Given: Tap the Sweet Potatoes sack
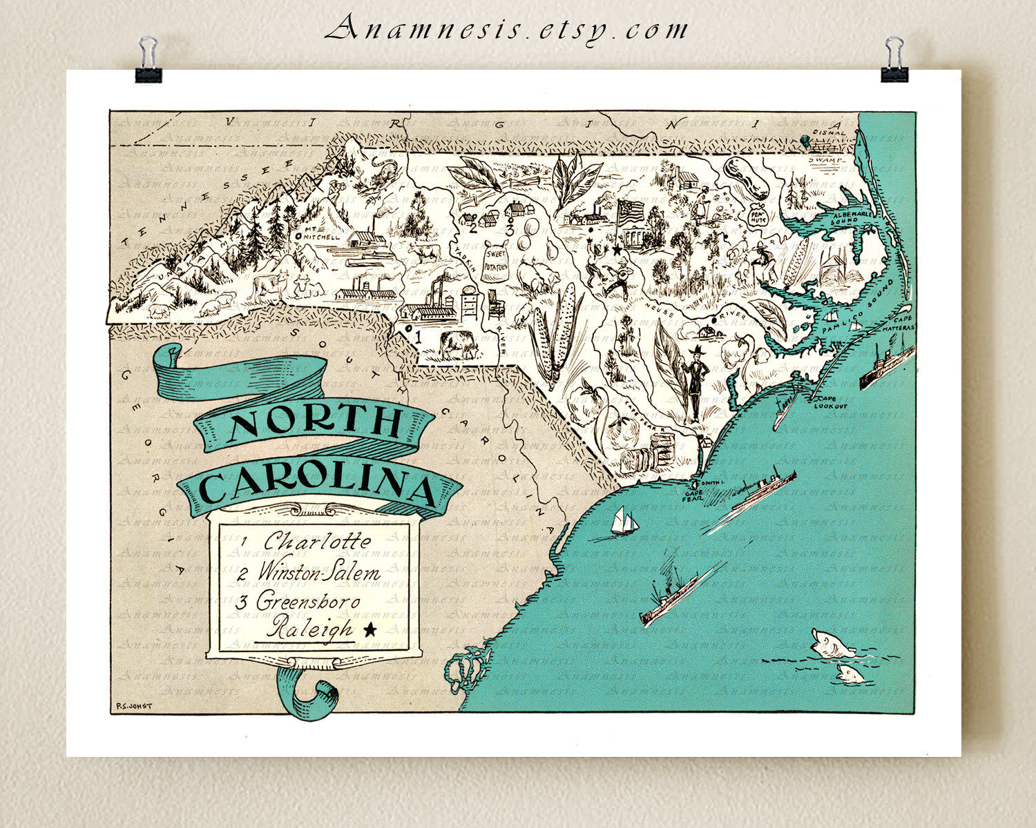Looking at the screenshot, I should click(x=495, y=262).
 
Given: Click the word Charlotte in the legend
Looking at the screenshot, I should click(x=317, y=541).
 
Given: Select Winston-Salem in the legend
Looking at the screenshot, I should click(x=318, y=572).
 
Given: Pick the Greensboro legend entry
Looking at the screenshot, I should click(x=308, y=601).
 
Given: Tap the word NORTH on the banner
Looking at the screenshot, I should click(x=316, y=423).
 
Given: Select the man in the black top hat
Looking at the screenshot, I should click(x=696, y=379).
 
